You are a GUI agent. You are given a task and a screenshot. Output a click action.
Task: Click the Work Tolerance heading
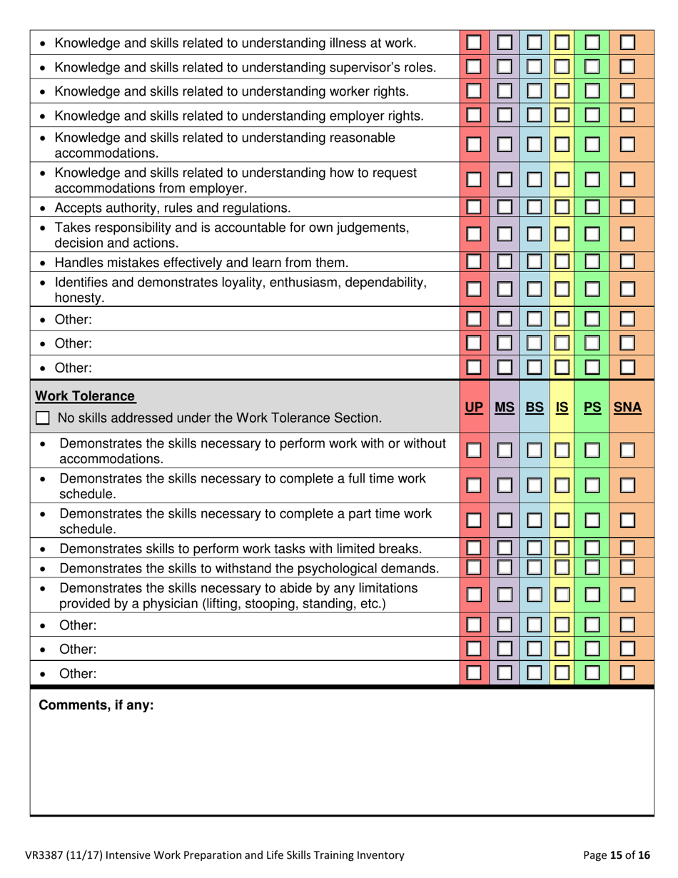click(x=86, y=395)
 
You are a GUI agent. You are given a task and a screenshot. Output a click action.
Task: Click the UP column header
click(x=473, y=408)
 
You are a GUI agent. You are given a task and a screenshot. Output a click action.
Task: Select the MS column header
click(x=505, y=408)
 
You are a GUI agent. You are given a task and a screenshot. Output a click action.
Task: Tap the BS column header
click(x=535, y=408)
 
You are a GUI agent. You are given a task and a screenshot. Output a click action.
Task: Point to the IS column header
click(x=562, y=408)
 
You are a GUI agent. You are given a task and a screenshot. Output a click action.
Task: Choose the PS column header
click(x=592, y=408)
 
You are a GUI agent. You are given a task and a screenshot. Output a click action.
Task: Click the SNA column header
click(x=627, y=408)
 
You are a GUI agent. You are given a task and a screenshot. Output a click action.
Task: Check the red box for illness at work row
click(x=473, y=44)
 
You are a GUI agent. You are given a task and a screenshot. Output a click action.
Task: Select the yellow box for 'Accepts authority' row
click(x=562, y=208)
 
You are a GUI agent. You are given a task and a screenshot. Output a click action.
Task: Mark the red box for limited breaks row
click(x=473, y=549)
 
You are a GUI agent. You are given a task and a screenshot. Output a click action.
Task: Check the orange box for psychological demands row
click(x=627, y=567)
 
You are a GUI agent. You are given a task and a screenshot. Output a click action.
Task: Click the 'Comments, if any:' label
click(x=96, y=706)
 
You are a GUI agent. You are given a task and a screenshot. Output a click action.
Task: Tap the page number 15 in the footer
click(x=614, y=854)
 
